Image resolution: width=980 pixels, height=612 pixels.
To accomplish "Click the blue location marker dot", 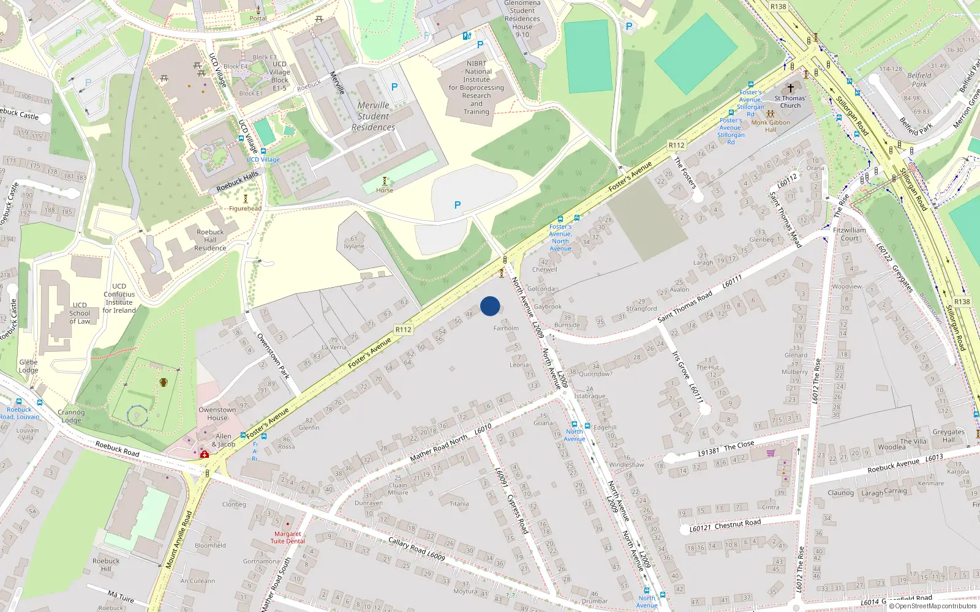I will [490, 306].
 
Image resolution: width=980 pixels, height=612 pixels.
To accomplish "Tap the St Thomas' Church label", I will [790, 102].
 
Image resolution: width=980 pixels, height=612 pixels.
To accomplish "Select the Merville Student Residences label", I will [373, 116].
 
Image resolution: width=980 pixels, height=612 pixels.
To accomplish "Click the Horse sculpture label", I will [385, 190].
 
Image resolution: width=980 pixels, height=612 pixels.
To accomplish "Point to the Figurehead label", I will [245, 209].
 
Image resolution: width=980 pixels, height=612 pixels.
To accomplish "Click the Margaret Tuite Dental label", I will [287, 537].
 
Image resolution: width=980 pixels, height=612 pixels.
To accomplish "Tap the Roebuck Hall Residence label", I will [210, 240].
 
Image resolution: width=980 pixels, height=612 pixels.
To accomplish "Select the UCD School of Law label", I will [80, 313].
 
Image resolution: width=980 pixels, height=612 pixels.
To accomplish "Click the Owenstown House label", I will [217, 414].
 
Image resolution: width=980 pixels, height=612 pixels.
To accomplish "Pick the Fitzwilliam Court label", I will [850, 234].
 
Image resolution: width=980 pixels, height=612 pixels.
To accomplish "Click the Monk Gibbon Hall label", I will [771, 126].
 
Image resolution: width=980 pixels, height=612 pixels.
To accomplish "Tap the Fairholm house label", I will [506, 329].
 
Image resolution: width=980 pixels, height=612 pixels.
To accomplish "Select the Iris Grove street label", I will [680, 367].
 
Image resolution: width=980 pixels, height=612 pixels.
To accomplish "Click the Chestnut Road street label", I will [737, 523].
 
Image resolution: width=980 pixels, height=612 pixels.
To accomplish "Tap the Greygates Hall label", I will [948, 435].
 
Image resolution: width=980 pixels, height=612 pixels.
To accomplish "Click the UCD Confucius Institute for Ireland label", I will [119, 298].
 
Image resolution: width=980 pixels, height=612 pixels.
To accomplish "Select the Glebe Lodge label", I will [28, 366].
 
